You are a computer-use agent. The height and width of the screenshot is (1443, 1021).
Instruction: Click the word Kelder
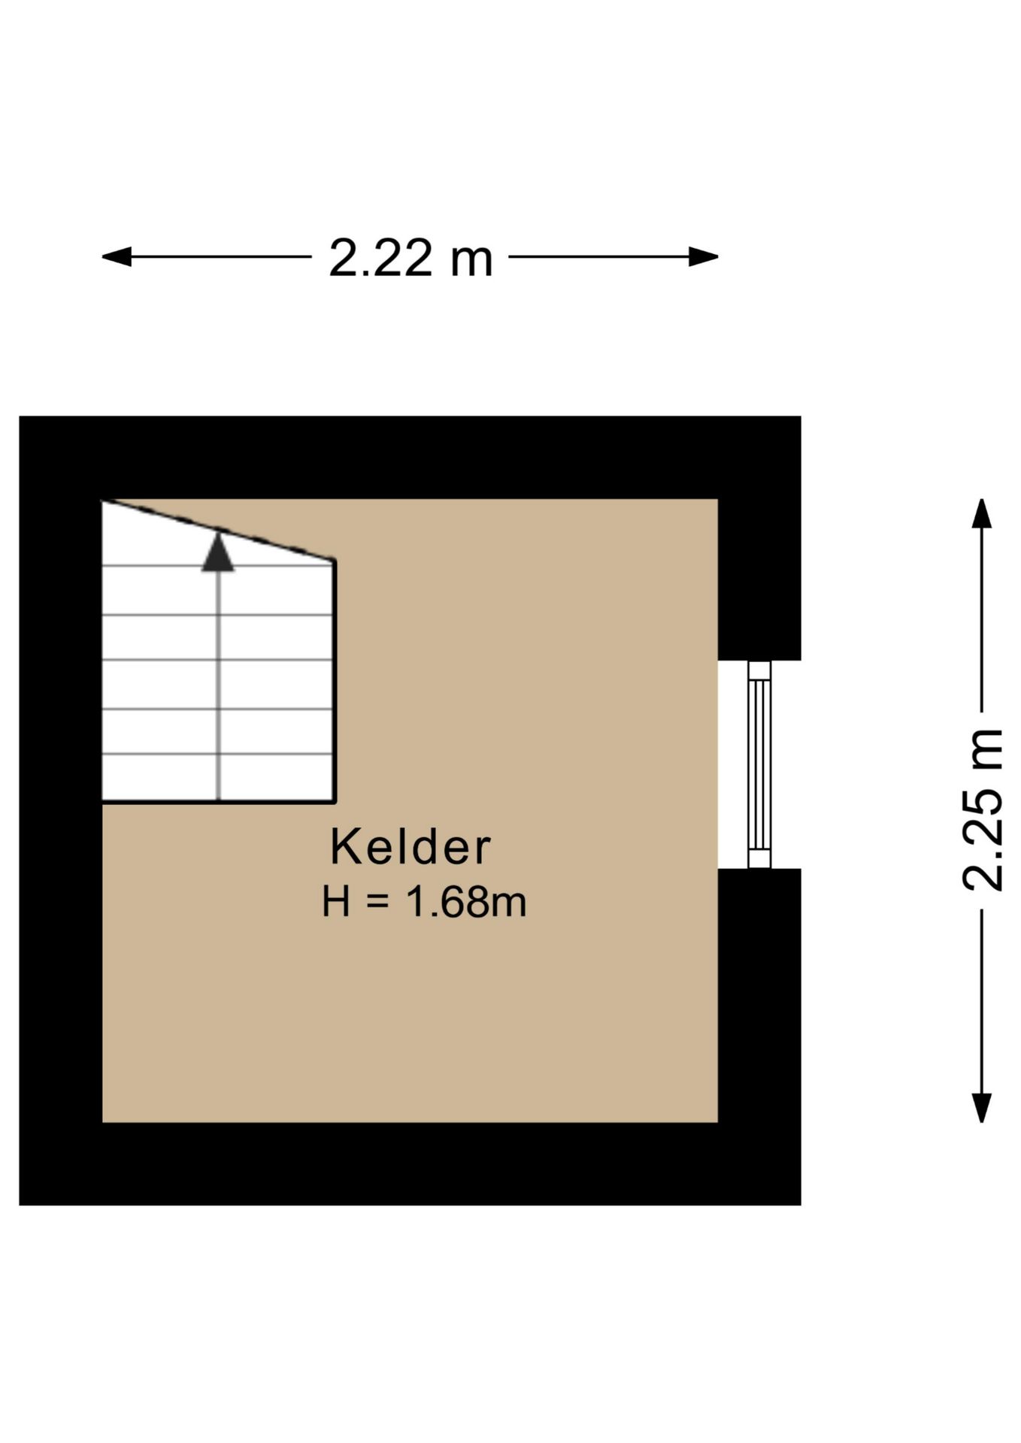(x=410, y=847)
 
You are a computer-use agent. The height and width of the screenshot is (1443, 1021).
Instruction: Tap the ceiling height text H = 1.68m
(x=424, y=901)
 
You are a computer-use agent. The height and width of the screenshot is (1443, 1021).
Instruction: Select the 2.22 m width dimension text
(x=411, y=258)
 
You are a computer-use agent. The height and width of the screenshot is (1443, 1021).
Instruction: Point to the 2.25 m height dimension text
(x=983, y=810)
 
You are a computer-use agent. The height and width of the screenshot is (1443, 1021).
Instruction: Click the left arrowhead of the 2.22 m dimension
(x=117, y=257)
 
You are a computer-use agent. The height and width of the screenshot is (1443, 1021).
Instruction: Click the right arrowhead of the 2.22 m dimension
(x=704, y=257)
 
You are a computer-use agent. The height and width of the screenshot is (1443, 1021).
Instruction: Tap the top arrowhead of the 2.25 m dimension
(x=981, y=513)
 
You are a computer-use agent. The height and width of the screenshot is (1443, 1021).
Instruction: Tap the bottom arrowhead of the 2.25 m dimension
(x=981, y=1107)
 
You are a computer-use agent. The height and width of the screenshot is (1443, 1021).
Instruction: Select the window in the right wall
(x=759, y=764)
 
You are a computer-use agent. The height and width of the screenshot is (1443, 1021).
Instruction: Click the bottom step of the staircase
(x=218, y=777)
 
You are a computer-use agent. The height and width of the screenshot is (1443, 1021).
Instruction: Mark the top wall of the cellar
(x=410, y=457)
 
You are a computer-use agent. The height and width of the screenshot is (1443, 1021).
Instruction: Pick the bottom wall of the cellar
(x=410, y=1163)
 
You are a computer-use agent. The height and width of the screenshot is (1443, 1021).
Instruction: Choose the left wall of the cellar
(x=61, y=810)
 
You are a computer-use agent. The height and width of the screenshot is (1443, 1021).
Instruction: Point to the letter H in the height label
(x=336, y=901)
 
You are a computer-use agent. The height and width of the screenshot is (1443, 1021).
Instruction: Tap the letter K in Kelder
(x=344, y=847)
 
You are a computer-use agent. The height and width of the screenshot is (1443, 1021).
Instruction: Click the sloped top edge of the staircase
(x=218, y=530)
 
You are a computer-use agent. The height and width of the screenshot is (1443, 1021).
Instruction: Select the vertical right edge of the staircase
(x=334, y=681)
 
